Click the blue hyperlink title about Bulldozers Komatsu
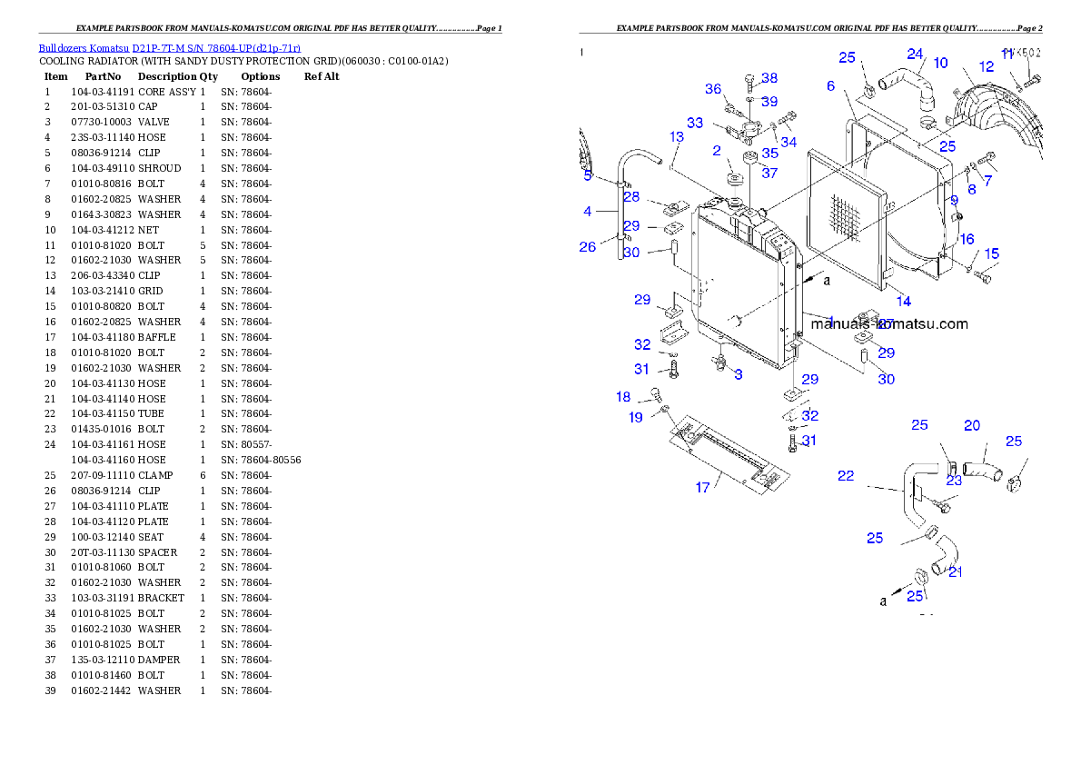[169, 48]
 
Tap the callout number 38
[769, 78]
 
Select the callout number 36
[713, 89]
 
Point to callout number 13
[677, 136]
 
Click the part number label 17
[702, 488]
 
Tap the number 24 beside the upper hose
[915, 54]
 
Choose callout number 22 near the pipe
[846, 475]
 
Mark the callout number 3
[739, 374]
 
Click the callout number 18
[623, 397]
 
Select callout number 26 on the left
[587, 247]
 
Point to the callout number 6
[830, 86]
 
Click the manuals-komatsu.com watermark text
[889, 323]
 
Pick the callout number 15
[991, 253]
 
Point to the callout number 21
[956, 571]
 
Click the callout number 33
[694, 123]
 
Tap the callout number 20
[972, 425]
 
